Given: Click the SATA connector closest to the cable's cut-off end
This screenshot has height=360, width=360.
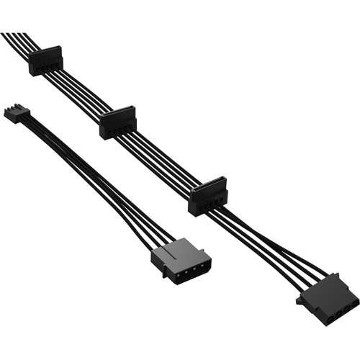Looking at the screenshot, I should [46, 61].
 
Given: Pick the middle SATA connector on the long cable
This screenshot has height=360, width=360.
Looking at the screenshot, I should [118, 123].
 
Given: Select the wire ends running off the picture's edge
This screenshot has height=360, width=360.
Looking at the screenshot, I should [9, 37].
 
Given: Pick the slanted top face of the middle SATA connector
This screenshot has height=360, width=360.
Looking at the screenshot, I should [118, 115].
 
